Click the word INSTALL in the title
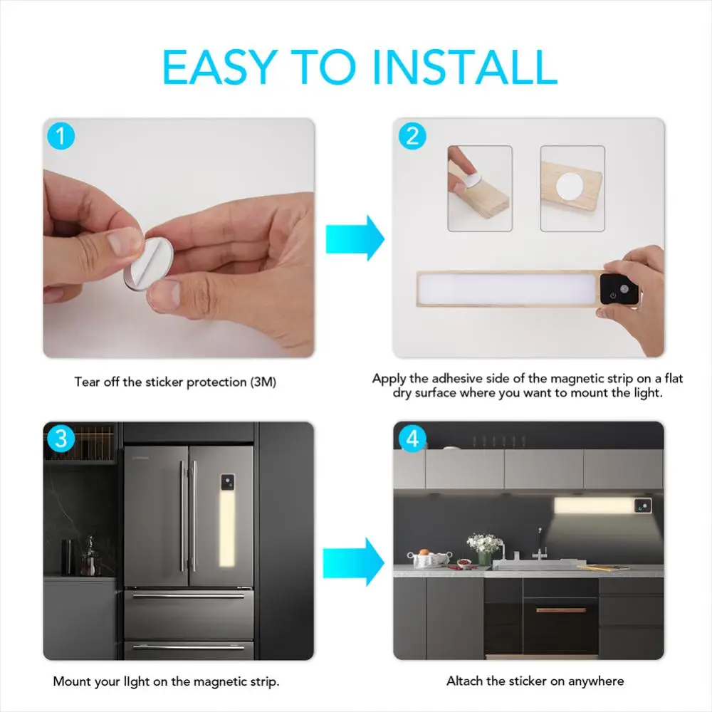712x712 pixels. [464, 67]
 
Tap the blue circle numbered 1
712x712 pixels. [61, 135]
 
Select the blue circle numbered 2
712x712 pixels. [412, 135]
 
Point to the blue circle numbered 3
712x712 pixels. [61, 438]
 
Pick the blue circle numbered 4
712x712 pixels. [412, 438]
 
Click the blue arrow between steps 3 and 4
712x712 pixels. [353, 562]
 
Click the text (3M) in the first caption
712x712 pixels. [263, 382]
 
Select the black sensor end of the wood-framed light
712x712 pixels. [619, 289]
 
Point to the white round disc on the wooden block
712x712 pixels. [570, 187]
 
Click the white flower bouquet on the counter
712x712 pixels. [484, 543]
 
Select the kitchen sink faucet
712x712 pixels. [540, 546]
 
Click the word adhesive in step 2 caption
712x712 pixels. [457, 378]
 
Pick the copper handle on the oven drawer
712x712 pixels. [561, 610]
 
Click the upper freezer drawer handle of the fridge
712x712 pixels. [189, 595]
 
